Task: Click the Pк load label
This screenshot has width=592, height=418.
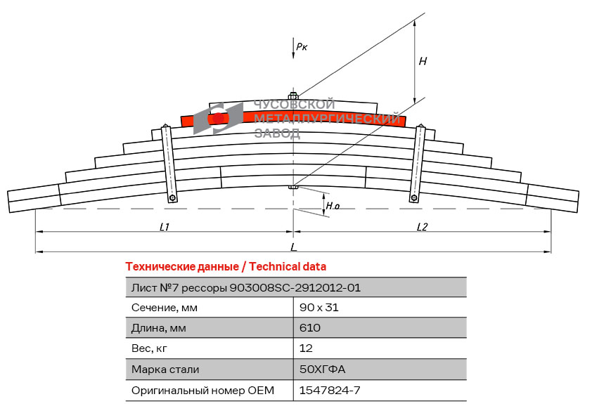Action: point(302,47)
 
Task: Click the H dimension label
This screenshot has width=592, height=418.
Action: point(423,62)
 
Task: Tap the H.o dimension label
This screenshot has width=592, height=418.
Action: point(333,207)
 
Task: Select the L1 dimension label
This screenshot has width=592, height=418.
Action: point(165,226)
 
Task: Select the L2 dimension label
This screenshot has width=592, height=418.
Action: point(422,226)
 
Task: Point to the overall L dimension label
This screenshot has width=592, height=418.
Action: point(293,247)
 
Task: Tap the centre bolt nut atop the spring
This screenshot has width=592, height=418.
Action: point(293,96)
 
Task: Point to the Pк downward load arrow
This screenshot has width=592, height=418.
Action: point(292,48)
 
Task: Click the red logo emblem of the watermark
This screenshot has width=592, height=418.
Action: point(219,117)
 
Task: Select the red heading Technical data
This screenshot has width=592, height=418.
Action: point(226,267)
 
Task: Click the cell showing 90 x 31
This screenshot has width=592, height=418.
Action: point(318,308)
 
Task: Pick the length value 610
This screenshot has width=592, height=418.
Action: point(310,328)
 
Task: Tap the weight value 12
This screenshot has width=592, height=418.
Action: point(306,348)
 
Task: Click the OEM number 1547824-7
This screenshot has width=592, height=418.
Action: point(330,390)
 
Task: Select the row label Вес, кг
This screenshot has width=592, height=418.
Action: point(150,348)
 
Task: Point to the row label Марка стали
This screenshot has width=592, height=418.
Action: point(165,369)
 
